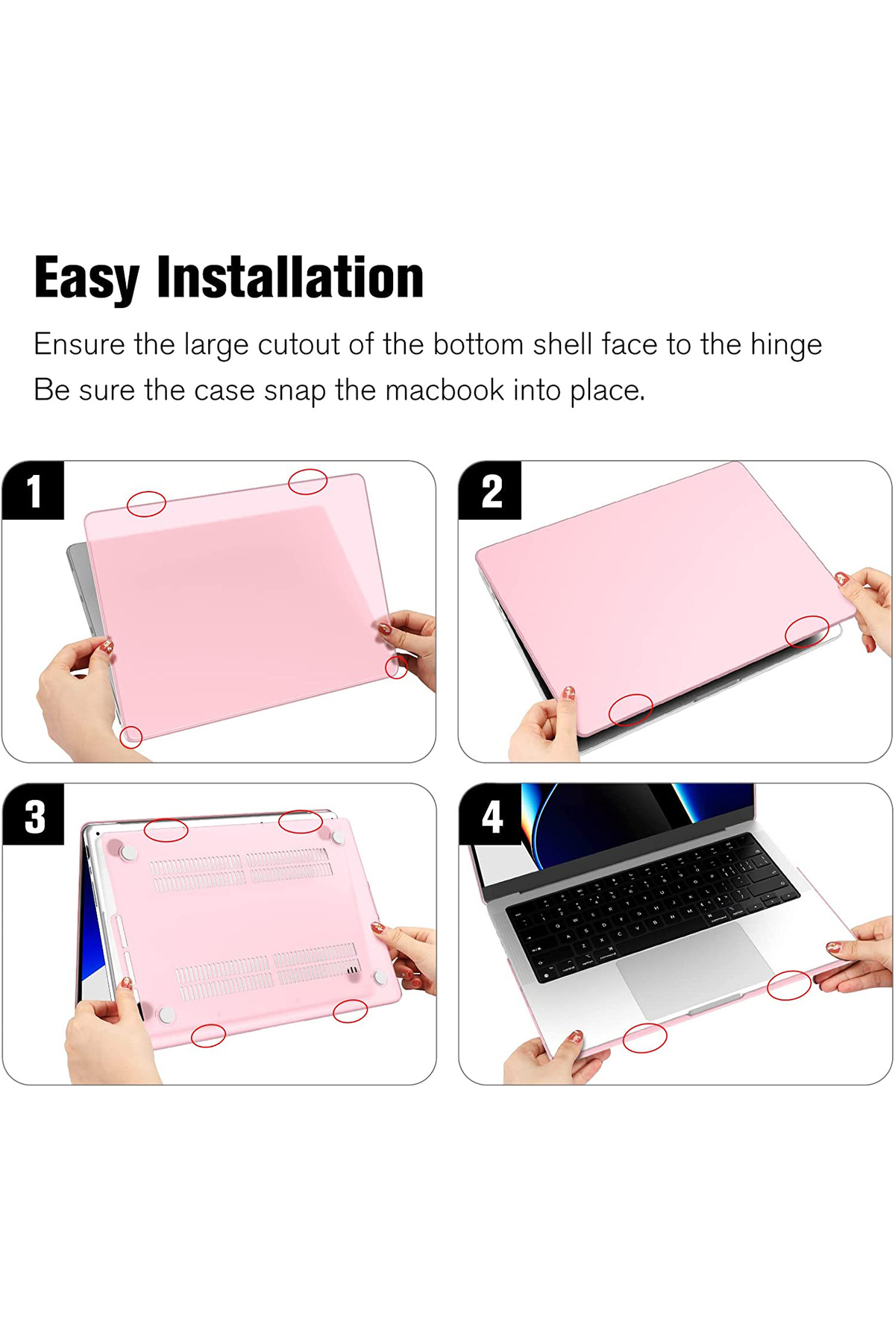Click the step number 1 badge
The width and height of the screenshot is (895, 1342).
(34, 491)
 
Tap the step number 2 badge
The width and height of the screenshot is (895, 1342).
(490, 491)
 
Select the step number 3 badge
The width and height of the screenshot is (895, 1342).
(34, 815)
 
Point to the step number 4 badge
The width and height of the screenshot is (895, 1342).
(491, 815)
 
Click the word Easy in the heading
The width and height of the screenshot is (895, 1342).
(87, 278)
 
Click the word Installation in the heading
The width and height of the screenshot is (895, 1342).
(290, 277)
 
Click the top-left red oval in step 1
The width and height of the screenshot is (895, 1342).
(146, 504)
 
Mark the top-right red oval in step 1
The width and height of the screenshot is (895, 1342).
(308, 482)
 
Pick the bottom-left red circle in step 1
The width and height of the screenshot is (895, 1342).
(131, 737)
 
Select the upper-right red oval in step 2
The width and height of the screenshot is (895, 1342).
(807, 631)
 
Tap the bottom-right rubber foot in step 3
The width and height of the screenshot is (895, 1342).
(380, 977)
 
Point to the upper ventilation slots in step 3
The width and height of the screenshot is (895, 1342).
(241, 869)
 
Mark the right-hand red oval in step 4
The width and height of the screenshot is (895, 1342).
(789, 985)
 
